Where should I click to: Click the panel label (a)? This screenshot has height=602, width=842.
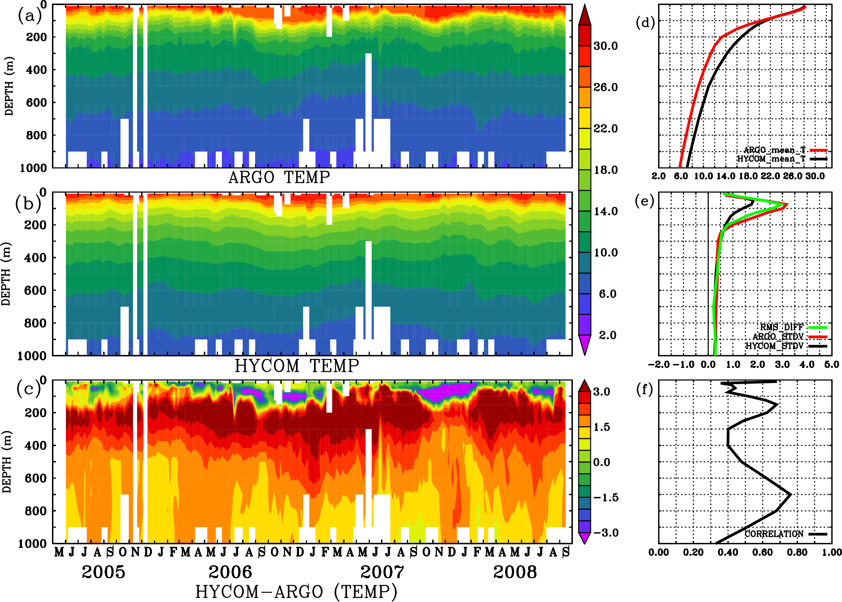(30, 16)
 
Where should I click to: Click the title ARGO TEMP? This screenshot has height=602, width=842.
(279, 177)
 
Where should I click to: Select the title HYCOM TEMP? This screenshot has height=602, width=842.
(297, 366)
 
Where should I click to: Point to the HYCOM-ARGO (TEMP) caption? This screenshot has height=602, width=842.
(296, 592)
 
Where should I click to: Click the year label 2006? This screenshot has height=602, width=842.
(230, 572)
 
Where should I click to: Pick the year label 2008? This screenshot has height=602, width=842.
(515, 572)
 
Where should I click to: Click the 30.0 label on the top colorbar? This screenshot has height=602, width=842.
(605, 46)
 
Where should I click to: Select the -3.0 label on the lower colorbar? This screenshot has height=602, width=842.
(606, 533)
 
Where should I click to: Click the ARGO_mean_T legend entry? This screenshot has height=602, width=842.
(775, 150)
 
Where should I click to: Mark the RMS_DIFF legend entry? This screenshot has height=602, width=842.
(781, 327)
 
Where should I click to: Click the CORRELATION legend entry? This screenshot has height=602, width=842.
(774, 534)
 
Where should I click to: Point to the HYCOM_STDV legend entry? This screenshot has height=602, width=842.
(775, 346)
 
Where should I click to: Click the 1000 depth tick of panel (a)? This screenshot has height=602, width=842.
(33, 168)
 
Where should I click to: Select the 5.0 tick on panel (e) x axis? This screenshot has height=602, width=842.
(832, 364)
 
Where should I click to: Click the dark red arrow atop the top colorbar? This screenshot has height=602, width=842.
(585, 15)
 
